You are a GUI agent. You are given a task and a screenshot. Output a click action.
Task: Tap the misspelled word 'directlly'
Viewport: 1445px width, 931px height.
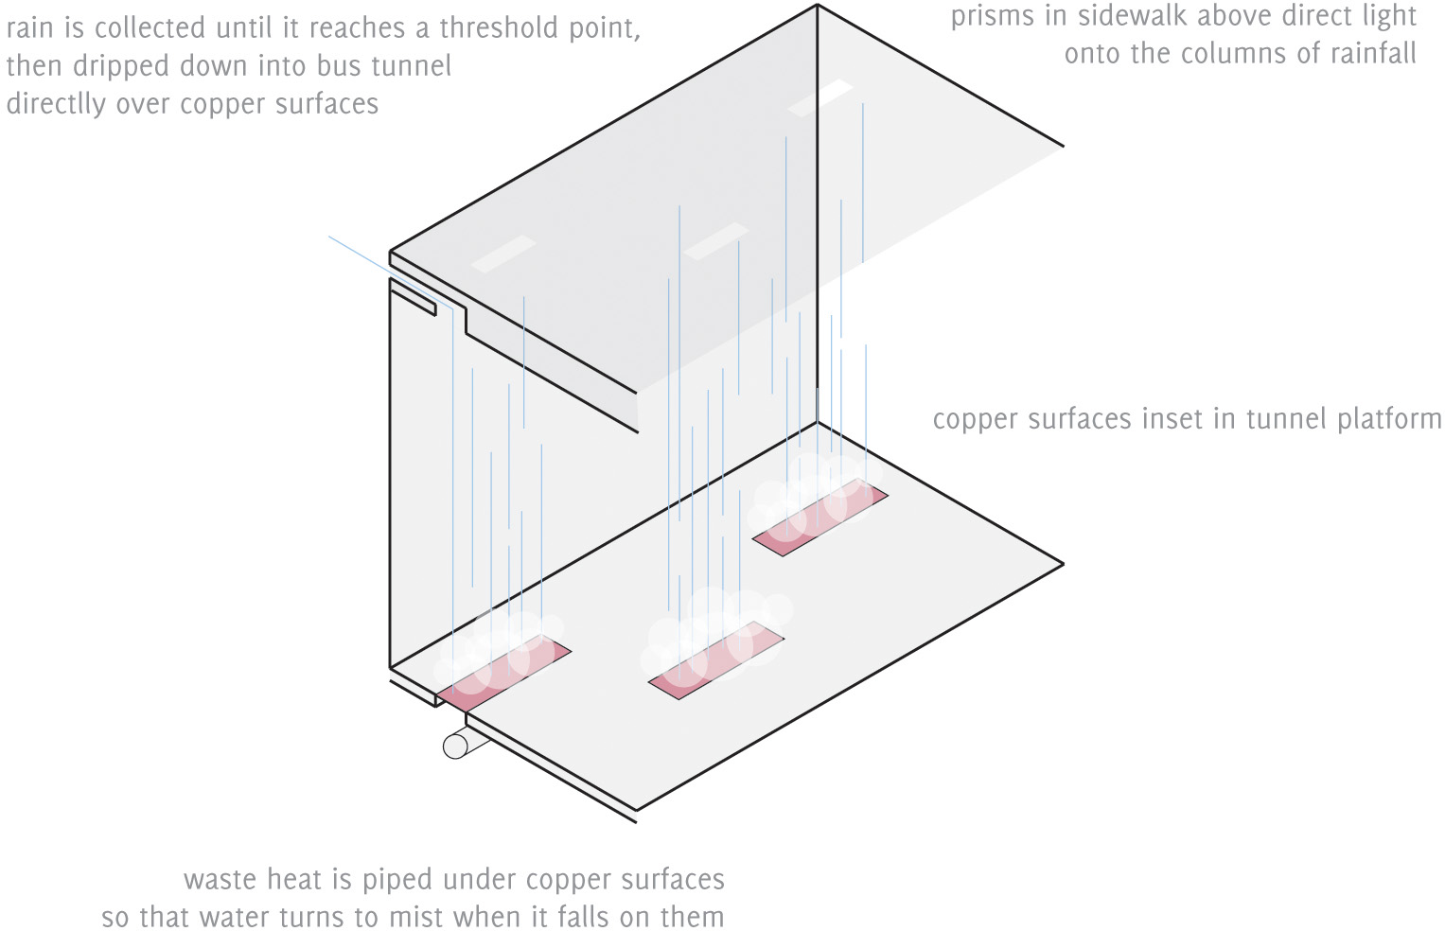click(56, 104)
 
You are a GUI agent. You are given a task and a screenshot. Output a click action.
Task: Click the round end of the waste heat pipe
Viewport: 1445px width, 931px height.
click(456, 746)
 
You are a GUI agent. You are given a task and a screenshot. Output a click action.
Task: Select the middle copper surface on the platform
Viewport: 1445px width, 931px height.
click(716, 660)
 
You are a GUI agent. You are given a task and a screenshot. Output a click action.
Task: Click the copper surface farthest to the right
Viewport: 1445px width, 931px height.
click(820, 517)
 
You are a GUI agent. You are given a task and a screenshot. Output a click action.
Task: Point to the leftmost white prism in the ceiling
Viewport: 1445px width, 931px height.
click(503, 255)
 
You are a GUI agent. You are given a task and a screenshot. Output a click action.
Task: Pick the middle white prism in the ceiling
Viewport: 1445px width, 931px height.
click(715, 240)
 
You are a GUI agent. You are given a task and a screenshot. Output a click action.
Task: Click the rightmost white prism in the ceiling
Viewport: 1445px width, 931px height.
click(820, 98)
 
